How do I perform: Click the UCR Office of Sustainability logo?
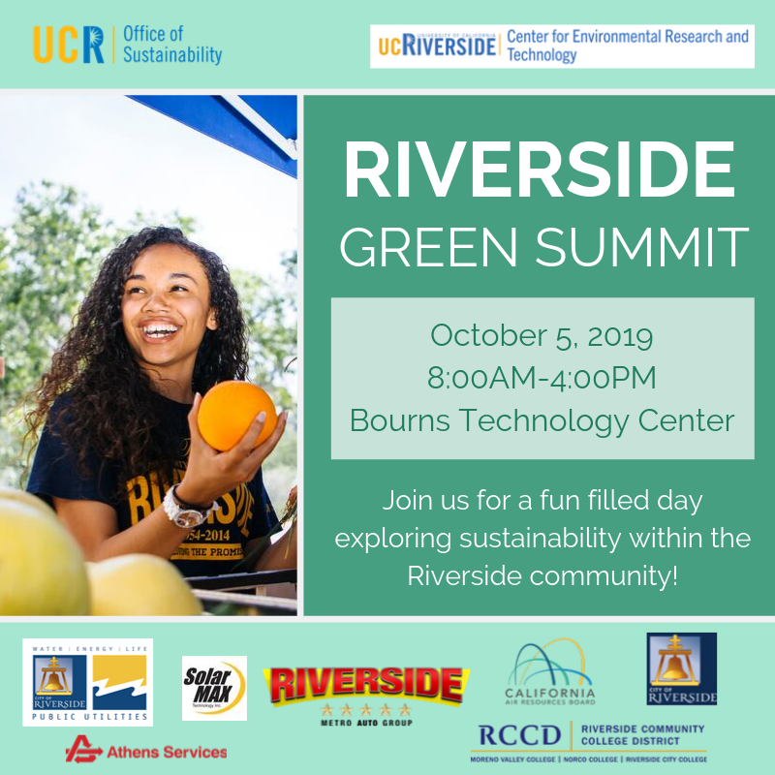127,44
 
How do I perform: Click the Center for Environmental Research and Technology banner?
562,46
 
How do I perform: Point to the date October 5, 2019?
542,336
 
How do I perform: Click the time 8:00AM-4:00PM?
542,378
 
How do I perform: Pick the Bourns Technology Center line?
542,420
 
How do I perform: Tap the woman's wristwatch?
186,508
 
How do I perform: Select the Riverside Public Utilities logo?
88,682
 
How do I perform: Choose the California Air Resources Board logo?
549,672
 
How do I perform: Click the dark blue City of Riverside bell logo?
682,668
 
